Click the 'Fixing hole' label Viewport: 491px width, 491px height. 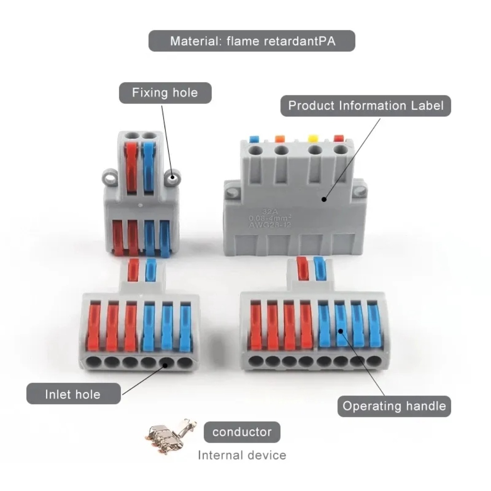pos(165,93)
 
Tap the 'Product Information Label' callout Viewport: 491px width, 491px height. pos(365,105)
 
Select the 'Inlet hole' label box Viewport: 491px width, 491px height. pos(73,394)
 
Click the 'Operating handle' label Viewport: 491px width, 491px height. pos(394,406)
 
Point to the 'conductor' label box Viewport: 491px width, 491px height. pos(242,432)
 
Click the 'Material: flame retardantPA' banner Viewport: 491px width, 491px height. pos(252,41)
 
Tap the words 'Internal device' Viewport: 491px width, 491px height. pos(242,455)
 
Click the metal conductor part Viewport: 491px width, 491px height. pos(170,434)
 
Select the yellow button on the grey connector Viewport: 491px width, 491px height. pos(314,139)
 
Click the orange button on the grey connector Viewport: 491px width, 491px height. pos(280,139)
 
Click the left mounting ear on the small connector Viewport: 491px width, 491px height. pos(110,178)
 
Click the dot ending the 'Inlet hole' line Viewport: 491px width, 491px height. pos(164,364)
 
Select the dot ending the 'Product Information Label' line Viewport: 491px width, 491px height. pos(324,199)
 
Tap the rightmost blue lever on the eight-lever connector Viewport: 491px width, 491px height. pos(374,326)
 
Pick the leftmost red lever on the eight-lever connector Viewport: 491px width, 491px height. pos(255,326)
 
